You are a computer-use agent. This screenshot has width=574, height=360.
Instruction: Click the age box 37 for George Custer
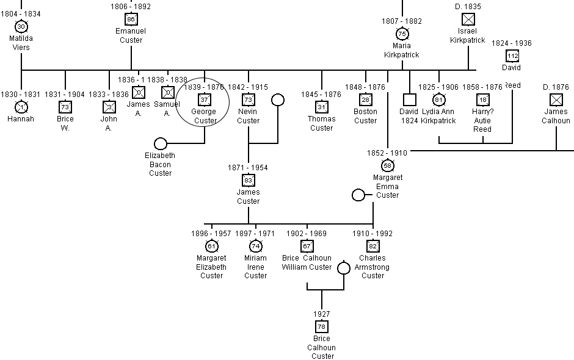coord(205,100)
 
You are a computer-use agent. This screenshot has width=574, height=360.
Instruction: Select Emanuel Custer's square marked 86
coord(131,19)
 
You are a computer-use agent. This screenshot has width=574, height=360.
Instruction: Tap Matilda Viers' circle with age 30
coord(21,26)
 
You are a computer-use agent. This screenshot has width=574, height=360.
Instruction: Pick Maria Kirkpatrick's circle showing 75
coord(402,34)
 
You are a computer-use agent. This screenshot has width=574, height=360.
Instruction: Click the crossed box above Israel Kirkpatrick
coord(468,19)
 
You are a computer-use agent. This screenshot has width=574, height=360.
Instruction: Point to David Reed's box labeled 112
coord(512,56)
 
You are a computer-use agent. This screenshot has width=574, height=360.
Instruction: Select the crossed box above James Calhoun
coord(556,99)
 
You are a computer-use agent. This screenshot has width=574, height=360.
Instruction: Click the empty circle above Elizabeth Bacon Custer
coord(160,143)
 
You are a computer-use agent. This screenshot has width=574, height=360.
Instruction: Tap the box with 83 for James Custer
coord(248,180)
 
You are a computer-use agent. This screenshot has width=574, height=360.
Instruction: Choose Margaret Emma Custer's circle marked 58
coord(387,165)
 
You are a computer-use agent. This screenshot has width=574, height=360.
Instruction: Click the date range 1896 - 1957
coord(211,234)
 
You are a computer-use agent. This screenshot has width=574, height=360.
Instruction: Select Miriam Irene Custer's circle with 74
coord(255,246)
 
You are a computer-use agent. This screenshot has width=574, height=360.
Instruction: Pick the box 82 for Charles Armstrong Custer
coord(372,246)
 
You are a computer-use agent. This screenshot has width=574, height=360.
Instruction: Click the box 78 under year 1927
coord(321,326)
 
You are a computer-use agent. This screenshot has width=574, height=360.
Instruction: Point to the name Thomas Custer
coord(321,124)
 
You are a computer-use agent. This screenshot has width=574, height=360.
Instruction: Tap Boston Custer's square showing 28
coord(365,99)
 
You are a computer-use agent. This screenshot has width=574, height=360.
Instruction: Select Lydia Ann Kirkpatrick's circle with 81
coord(438,99)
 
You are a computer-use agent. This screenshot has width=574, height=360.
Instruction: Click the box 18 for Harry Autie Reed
coord(482,99)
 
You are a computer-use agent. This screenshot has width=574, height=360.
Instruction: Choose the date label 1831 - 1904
coord(65,95)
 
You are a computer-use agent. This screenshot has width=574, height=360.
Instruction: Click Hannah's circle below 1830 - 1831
coord(21,107)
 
